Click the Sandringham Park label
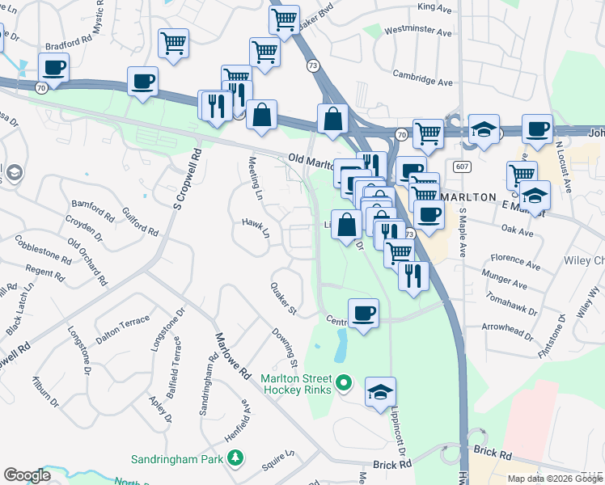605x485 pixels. pyautogui.click(x=178, y=459)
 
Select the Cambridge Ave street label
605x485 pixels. pyautogui.click(x=422, y=82)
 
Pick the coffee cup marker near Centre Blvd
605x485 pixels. pyautogui.click(x=363, y=312)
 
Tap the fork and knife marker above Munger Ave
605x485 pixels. pyautogui.click(x=413, y=276)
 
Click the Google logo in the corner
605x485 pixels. pyautogui.click(x=27, y=475)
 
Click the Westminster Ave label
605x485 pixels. pyautogui.click(x=418, y=32)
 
